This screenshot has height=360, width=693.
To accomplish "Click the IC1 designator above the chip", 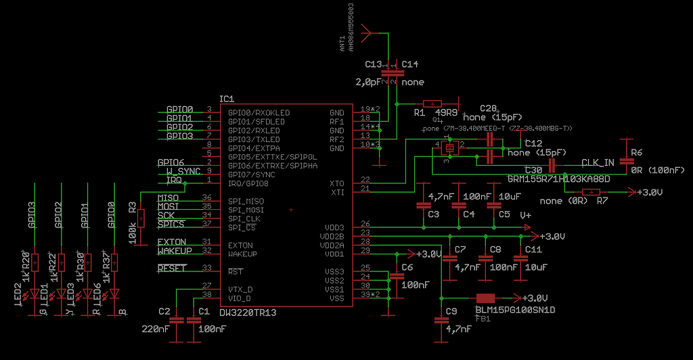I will coord(227,99).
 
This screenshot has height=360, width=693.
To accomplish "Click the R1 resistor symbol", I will coord(432,104).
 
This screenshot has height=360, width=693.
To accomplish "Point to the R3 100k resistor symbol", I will coord(141,219).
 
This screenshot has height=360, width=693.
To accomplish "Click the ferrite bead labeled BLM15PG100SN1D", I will coord(485,298).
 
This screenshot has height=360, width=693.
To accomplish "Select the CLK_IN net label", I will coord(598,163).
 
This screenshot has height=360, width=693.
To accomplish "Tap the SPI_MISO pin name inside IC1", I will coord(246,201).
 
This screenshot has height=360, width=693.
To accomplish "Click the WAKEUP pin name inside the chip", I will coord(242,254).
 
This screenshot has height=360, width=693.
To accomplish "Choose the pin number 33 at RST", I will coord(207,268).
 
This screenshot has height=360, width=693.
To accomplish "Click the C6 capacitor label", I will coord(407,267).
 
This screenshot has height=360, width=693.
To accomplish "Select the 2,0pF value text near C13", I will coord(369,82).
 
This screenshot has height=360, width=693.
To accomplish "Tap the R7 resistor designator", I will coord(602,201).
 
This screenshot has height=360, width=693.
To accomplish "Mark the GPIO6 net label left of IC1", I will coord(171,163).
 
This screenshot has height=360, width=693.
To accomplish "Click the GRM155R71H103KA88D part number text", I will coord(559,179).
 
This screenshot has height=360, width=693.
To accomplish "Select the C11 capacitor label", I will coord(533,250).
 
